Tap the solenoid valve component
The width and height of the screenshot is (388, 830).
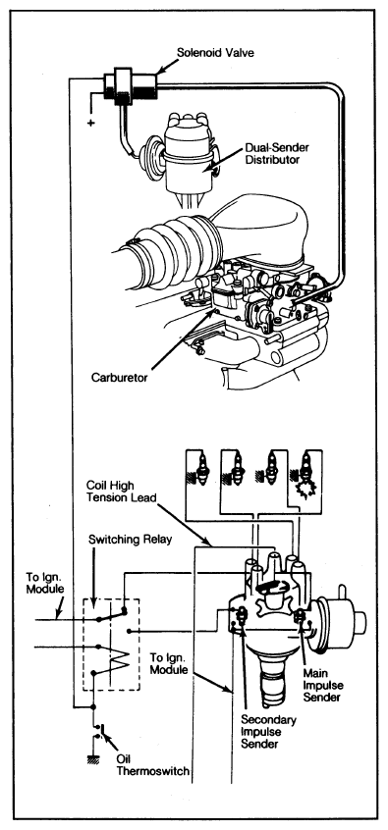tap(130, 84)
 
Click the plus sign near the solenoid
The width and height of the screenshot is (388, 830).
tap(90, 123)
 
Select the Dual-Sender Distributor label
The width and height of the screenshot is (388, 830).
tap(277, 153)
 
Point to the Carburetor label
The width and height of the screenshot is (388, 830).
tap(120, 378)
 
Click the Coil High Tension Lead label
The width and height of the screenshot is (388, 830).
tap(124, 492)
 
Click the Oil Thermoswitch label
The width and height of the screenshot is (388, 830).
tap(152, 765)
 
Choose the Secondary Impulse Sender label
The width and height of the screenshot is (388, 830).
tap(269, 732)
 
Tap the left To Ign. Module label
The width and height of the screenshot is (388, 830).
tap(45, 582)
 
